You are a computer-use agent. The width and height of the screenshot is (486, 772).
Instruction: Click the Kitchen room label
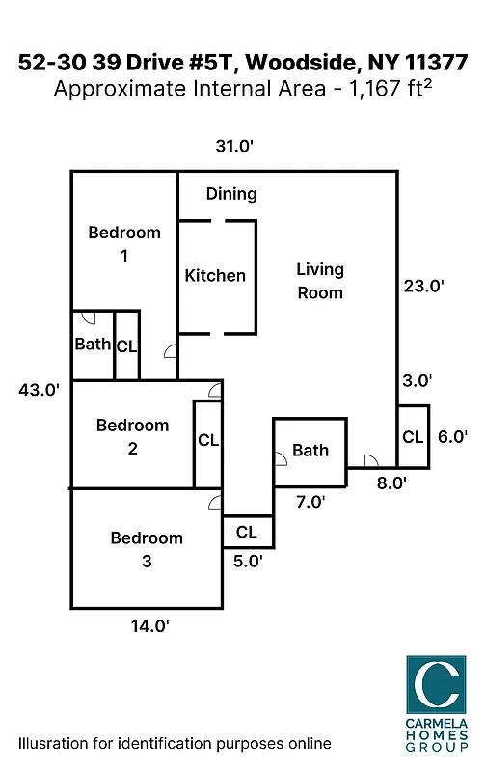(x=215, y=276)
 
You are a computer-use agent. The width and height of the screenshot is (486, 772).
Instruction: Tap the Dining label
(x=231, y=194)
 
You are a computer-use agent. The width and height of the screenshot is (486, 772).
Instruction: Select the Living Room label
(x=319, y=281)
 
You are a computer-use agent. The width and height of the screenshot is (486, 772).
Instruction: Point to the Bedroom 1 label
(x=124, y=244)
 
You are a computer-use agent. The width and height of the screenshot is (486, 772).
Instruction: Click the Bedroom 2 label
(x=132, y=437)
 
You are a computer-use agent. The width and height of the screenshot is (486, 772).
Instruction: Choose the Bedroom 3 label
(x=146, y=549)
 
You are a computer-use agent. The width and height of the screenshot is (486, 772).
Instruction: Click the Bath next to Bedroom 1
(x=93, y=345)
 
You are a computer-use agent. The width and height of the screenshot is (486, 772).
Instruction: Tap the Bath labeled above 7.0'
(x=310, y=451)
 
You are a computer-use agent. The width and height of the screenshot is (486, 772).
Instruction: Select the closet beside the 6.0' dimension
(x=413, y=437)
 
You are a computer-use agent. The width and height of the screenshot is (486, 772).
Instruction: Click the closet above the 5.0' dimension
(x=247, y=532)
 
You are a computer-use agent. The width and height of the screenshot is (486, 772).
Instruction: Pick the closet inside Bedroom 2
(x=207, y=441)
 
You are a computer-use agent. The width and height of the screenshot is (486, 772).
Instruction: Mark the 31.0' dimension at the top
(x=233, y=146)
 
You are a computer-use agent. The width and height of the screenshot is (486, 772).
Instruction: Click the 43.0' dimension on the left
(x=40, y=390)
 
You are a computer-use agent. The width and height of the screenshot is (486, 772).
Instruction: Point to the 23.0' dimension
(x=424, y=286)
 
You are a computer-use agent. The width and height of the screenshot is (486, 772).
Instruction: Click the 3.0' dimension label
(x=417, y=381)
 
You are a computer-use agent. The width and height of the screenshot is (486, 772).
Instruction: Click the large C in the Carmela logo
(x=435, y=687)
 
